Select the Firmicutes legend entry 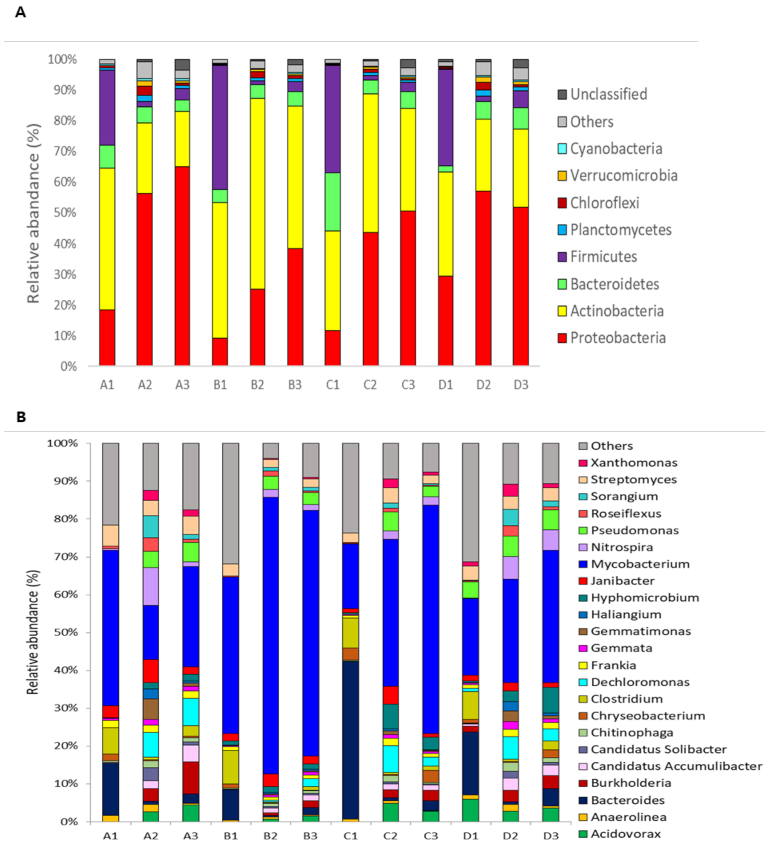tap(603, 256)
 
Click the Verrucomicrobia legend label tap(623, 175)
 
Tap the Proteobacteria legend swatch tap(562, 338)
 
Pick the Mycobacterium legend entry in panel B tap(640, 564)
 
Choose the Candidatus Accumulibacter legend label tap(676, 766)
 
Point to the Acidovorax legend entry tap(626, 833)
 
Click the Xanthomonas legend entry tap(633, 462)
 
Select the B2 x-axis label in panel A tap(257, 385)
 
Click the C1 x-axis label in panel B tap(350, 836)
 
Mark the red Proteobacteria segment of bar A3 tap(182, 265)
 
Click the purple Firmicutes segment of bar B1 tap(220, 126)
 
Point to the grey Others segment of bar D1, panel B tap(471, 502)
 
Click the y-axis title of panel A tap(33, 213)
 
